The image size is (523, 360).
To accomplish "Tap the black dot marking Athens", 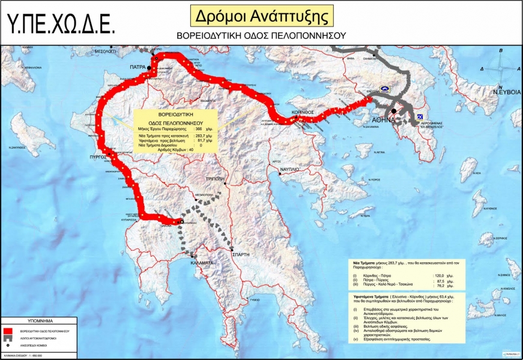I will pos(393,111).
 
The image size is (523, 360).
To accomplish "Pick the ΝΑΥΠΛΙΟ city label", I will pos(295,170).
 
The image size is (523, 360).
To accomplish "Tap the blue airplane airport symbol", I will pos(419,115).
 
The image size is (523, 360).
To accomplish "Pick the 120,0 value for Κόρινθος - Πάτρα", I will pos(440,275).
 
